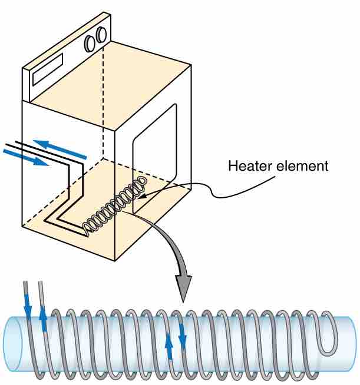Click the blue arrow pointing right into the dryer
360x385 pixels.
pos(25,157)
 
